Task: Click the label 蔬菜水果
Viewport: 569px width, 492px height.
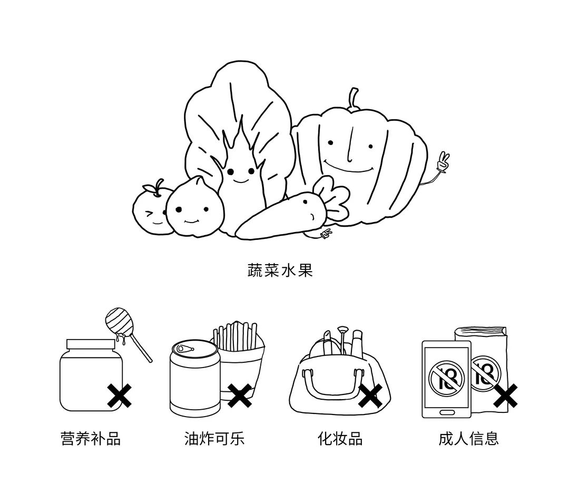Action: tap(280, 271)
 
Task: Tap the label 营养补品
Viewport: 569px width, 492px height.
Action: tap(91, 438)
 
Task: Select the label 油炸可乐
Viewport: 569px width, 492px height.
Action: tap(214, 438)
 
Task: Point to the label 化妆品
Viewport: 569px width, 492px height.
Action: tap(340, 438)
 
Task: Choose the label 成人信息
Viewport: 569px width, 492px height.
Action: tap(468, 438)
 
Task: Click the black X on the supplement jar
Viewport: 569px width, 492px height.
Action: tap(120, 396)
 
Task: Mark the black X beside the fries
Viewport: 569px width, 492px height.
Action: tap(240, 395)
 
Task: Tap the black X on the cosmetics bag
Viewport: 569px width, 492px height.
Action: tap(370, 395)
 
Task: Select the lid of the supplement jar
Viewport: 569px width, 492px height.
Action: tap(91, 344)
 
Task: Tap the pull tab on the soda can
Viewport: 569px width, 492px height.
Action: tap(185, 349)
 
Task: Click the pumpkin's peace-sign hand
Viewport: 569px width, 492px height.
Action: tap(443, 162)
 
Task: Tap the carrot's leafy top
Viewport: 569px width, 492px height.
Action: tap(333, 198)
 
